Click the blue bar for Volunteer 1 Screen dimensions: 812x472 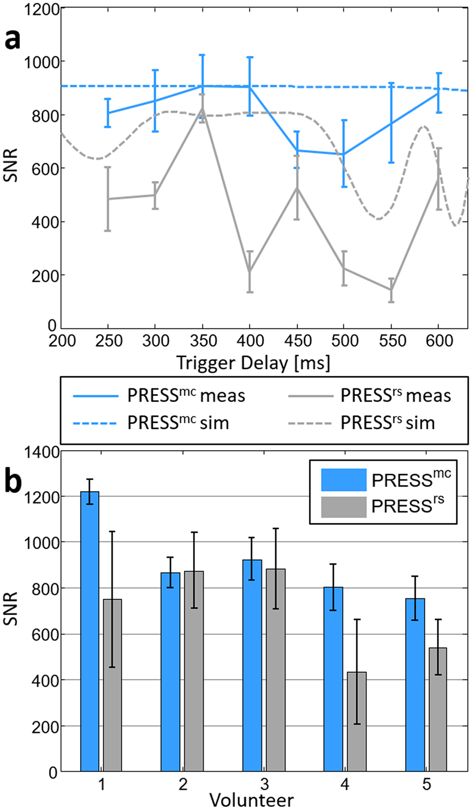(90, 632)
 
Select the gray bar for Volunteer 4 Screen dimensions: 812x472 (357, 722)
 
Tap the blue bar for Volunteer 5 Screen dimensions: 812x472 (415, 685)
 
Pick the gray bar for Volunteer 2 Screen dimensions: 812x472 (194, 671)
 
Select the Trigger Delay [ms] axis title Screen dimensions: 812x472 (253, 363)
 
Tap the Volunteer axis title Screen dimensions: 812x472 (251, 800)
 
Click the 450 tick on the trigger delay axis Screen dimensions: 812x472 (297, 341)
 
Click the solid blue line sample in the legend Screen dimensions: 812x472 (96, 396)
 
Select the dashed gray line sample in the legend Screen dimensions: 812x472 (310, 423)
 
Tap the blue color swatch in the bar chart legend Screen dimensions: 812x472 (343, 480)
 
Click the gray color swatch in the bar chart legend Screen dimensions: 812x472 (343, 506)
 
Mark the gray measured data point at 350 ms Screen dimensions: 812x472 (202, 109)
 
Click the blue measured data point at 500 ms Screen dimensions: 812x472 (344, 154)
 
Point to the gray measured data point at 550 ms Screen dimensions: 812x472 (391, 290)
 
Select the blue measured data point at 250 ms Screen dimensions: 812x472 (108, 113)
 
